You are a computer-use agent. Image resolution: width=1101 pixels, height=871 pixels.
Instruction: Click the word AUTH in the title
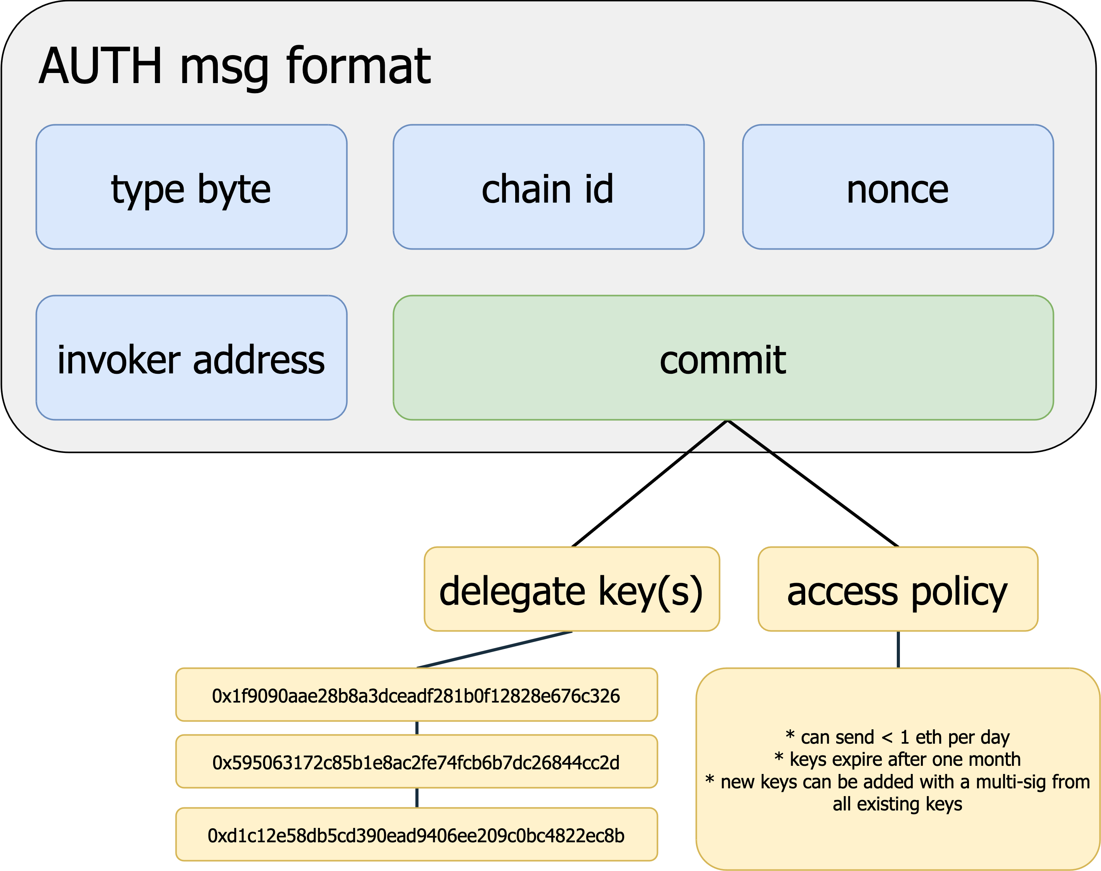point(101,66)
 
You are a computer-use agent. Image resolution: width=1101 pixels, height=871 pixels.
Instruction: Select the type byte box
point(191,187)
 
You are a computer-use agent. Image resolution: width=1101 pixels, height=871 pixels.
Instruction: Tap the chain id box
point(548,187)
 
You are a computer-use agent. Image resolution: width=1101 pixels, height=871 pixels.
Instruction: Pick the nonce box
point(898,187)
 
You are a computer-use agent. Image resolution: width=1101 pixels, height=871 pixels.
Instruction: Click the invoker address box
point(191,358)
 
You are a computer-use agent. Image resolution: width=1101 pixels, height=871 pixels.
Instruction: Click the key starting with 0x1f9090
point(416,695)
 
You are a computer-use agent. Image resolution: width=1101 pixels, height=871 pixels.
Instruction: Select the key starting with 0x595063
point(416,762)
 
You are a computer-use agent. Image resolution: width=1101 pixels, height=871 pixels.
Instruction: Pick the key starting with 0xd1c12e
point(416,835)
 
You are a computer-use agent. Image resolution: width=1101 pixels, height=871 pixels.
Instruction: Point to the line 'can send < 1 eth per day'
point(898,737)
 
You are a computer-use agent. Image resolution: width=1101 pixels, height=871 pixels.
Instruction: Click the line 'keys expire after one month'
point(898,759)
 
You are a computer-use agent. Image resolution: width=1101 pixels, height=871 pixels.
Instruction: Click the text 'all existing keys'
point(898,804)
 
